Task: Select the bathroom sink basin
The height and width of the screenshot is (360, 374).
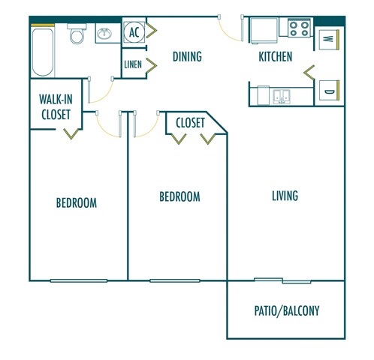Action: coord(104,34)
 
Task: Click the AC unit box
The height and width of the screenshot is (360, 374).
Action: coord(134,32)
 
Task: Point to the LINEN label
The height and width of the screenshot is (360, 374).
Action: coord(133,65)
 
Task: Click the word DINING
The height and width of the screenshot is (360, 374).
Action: coord(187,56)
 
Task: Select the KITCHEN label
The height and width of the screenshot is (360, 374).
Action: coord(276,56)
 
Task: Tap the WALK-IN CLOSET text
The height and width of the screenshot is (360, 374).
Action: coord(56,106)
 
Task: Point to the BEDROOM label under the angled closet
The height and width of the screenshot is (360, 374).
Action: coord(179,196)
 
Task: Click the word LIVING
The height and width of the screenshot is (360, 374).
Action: coord(285,196)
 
